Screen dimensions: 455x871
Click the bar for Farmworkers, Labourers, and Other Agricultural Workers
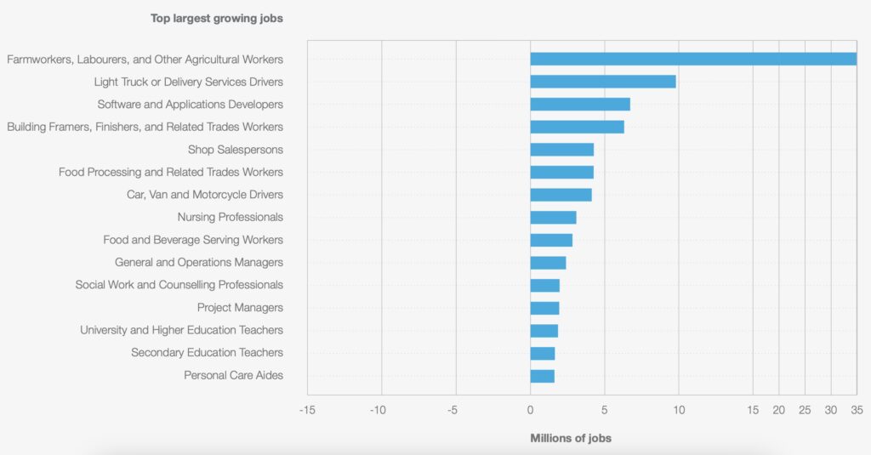693,59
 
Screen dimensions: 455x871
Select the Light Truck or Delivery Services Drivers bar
603,82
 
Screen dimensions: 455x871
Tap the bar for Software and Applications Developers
580,104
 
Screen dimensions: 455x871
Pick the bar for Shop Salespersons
561,150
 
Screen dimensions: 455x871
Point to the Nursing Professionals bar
553,217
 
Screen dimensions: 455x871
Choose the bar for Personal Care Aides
542,375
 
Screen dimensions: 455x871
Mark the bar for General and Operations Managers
548,263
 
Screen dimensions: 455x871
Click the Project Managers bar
544,308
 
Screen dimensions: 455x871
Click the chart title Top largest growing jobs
217,17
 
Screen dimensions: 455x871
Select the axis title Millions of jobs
571,438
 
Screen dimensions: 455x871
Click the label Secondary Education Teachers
207,353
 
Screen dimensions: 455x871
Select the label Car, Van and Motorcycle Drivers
204,195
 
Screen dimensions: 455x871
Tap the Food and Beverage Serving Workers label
193,240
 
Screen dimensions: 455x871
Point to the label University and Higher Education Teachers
181,330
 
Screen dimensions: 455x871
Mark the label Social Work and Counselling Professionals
179,285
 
